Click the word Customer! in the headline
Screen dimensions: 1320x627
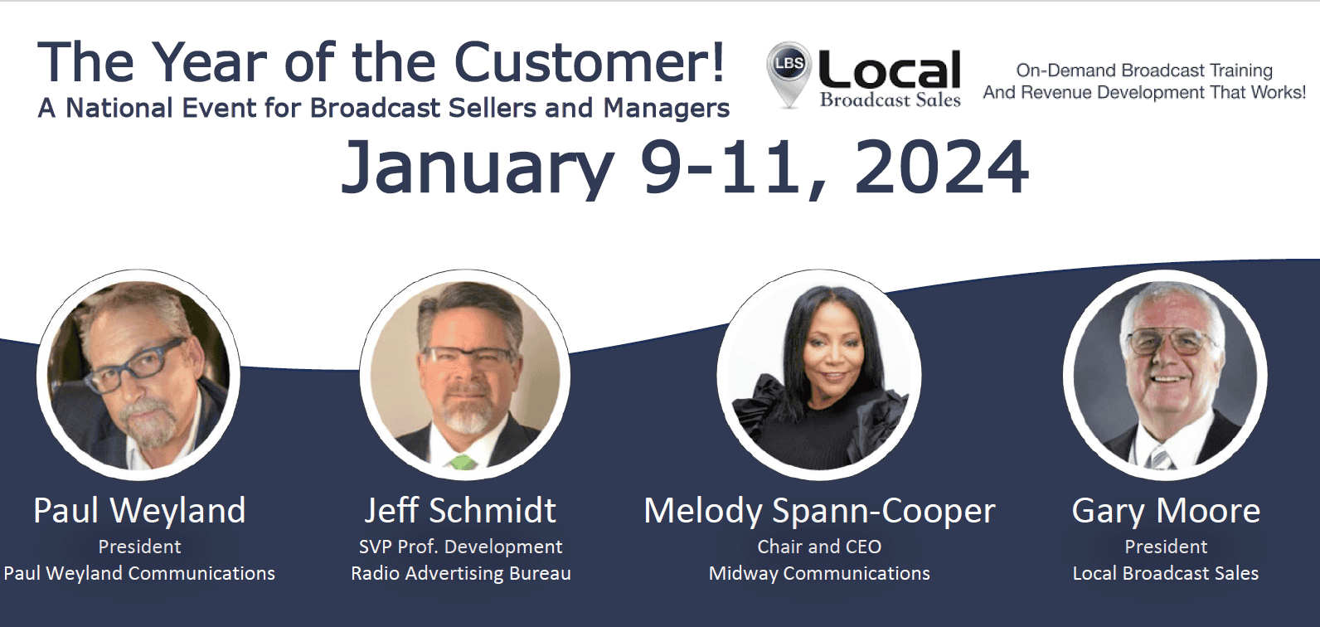pyautogui.click(x=589, y=62)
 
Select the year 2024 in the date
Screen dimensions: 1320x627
pyautogui.click(x=942, y=167)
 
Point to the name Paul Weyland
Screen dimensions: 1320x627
pyautogui.click(x=139, y=510)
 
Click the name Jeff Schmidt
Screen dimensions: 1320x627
pyautogui.click(x=460, y=510)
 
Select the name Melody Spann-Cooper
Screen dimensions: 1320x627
pyautogui.click(x=819, y=512)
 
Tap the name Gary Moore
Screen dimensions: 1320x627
pyautogui.click(x=1166, y=512)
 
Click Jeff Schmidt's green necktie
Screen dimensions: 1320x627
pyautogui.click(x=463, y=462)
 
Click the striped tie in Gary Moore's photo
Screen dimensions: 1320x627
pyautogui.click(x=1160, y=459)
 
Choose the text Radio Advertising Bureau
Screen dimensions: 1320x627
pyautogui.click(x=461, y=573)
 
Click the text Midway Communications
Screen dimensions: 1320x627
pyautogui.click(x=819, y=573)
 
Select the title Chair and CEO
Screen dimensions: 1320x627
pyautogui.click(x=819, y=547)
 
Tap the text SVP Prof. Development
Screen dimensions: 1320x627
pyautogui.click(x=461, y=547)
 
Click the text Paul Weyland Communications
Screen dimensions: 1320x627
pyautogui.click(x=139, y=573)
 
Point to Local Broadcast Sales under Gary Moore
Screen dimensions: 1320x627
pyautogui.click(x=1166, y=573)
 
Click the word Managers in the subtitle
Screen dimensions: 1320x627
pyautogui.click(x=667, y=109)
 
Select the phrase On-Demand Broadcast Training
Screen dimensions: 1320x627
pyautogui.click(x=1144, y=70)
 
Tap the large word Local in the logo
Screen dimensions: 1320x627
pyautogui.click(x=890, y=70)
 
